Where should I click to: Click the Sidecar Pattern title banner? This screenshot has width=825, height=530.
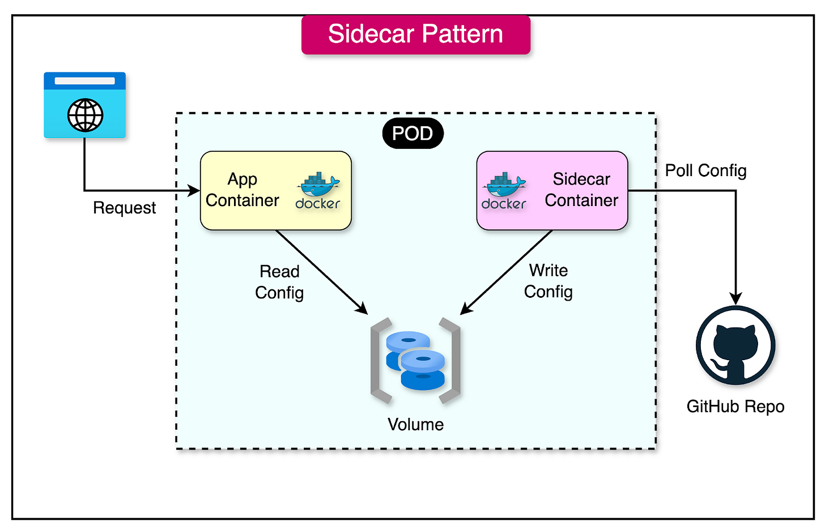pyautogui.click(x=415, y=35)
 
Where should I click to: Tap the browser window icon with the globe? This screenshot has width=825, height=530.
pyautogui.click(x=85, y=105)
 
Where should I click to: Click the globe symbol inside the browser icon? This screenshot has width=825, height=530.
pyautogui.click(x=85, y=115)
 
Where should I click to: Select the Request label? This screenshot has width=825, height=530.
pyautogui.click(x=124, y=208)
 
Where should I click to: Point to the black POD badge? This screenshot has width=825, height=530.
pyautogui.click(x=412, y=134)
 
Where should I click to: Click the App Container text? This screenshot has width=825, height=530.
pyautogui.click(x=243, y=190)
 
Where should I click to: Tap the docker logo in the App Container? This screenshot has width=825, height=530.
pyautogui.click(x=318, y=191)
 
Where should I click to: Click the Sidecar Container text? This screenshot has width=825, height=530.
pyautogui.click(x=581, y=190)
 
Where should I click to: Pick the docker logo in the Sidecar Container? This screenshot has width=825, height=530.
pyautogui.click(x=504, y=191)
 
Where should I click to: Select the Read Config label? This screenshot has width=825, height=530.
pyautogui.click(x=279, y=282)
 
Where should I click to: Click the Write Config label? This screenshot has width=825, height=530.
pyautogui.click(x=548, y=281)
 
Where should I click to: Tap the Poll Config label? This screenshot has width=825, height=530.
pyautogui.click(x=705, y=170)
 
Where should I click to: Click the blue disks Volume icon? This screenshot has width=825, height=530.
pyautogui.click(x=415, y=361)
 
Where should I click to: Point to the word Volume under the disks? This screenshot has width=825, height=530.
pyautogui.click(x=415, y=424)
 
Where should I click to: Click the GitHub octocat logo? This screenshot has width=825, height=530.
pyautogui.click(x=735, y=345)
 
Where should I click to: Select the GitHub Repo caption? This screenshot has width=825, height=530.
pyautogui.click(x=735, y=407)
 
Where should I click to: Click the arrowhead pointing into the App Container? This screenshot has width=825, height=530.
pyautogui.click(x=194, y=191)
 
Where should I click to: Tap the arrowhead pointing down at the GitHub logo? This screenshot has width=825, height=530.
pyautogui.click(x=735, y=298)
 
